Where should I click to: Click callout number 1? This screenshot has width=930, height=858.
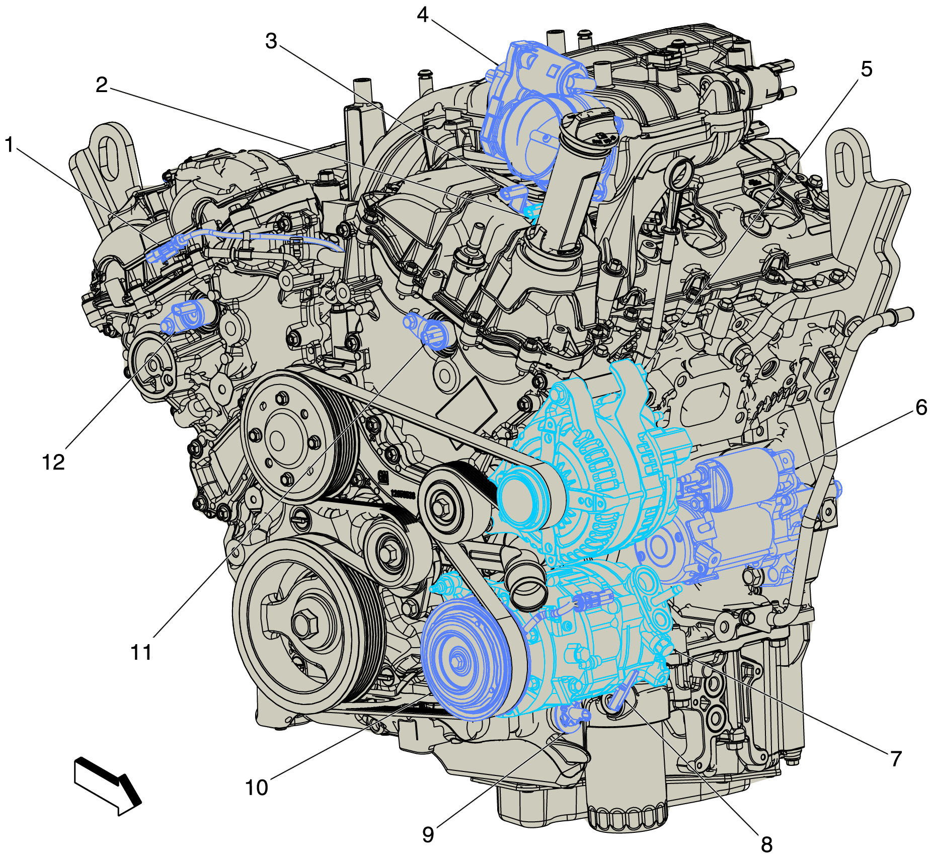pos(9,145)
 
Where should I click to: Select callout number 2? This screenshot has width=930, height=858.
pos(102,85)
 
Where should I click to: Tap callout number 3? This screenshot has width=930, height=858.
pos(271,41)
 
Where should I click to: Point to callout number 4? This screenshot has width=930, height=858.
pos(423,15)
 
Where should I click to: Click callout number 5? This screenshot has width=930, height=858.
pos(866,69)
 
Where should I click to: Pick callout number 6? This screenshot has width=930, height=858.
pos(921,407)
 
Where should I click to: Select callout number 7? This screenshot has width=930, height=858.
pos(896,758)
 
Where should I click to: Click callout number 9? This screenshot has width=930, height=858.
pos(428,834)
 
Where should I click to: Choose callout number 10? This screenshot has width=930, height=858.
pos(257,788)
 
